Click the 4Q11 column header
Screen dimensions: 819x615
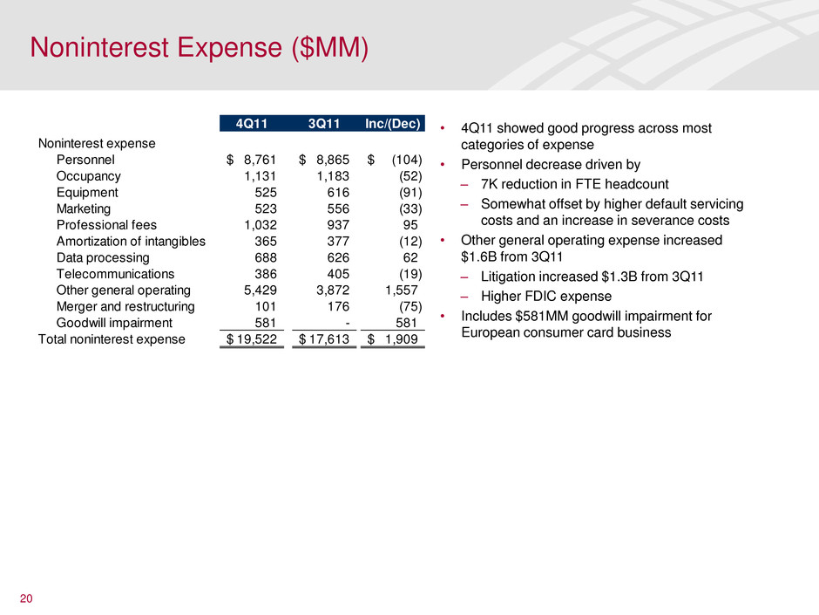coord(251,123)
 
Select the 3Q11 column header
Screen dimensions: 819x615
coord(324,123)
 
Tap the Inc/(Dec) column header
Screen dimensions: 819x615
coord(393,123)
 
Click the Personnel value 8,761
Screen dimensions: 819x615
coord(261,160)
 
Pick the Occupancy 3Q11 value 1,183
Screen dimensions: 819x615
coord(333,176)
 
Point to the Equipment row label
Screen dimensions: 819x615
coord(87,193)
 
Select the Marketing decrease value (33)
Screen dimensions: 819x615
coord(410,208)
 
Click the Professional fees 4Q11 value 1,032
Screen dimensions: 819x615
coord(261,225)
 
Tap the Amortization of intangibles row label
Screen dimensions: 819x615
coord(131,241)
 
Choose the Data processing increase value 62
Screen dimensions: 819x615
coord(410,257)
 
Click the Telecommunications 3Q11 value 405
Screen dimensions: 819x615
coord(338,274)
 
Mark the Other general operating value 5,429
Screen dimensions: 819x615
coord(261,290)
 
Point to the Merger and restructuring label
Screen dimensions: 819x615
coord(125,306)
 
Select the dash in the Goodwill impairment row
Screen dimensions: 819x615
coord(348,324)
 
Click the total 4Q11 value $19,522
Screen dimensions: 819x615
coord(251,339)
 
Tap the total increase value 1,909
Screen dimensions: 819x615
coord(402,339)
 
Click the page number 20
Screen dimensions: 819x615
coord(26,598)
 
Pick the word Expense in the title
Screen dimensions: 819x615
coord(229,48)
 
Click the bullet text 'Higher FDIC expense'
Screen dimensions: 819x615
coord(545,297)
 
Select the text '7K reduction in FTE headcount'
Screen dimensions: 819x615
coord(574,184)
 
